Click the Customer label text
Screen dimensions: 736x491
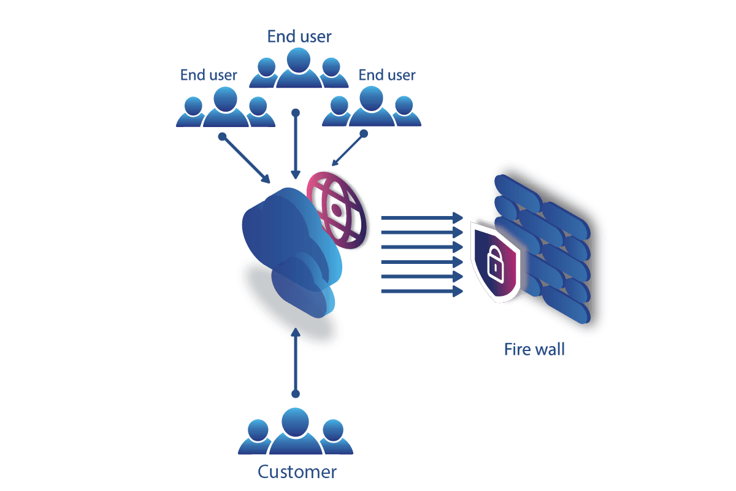coord(297,472)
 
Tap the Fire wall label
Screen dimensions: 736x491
coord(535,349)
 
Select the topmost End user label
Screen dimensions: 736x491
coord(299,36)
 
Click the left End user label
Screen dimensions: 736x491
coord(209,75)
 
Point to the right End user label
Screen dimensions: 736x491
coord(387,75)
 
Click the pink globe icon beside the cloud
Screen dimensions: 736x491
coord(337,211)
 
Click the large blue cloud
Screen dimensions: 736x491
coord(289,237)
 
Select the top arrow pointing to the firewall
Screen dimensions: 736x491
coord(422,218)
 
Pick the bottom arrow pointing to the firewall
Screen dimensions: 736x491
coord(422,291)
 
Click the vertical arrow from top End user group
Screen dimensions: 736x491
coord(296,144)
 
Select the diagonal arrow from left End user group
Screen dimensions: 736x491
coord(244,158)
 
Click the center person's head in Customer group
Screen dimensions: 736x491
coord(296,422)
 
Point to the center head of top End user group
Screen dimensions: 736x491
coord(298,60)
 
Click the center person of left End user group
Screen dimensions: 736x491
coord(226,107)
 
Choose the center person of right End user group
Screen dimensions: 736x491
coord(372,106)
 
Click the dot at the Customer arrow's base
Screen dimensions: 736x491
coord(296,393)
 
